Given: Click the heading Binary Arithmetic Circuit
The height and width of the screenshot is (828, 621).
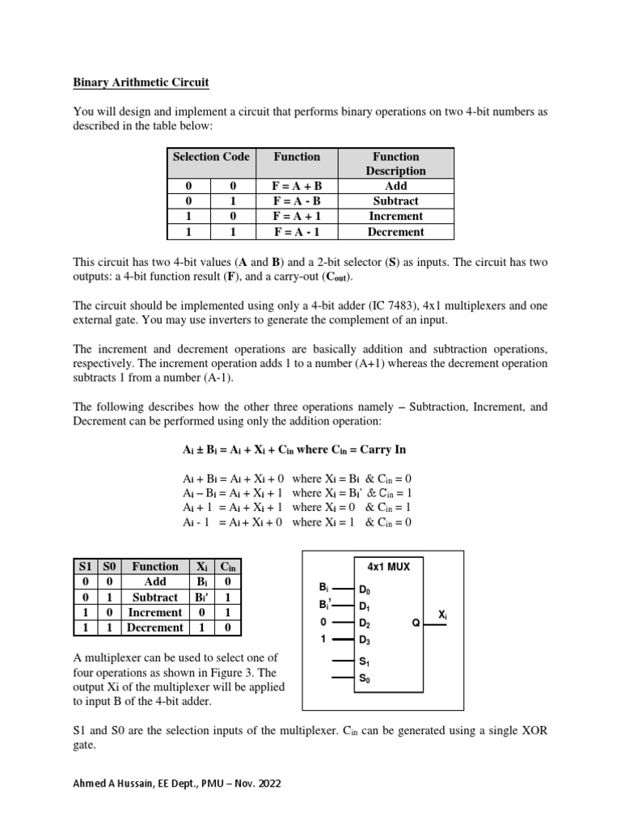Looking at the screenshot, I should (x=141, y=82).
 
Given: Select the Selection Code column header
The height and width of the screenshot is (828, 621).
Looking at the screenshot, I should (x=210, y=156).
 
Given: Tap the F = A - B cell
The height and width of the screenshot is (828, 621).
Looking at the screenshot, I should (x=297, y=201).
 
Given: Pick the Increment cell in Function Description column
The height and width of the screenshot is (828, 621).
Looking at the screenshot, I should (x=395, y=216).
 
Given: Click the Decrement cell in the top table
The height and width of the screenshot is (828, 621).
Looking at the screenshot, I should (x=395, y=231).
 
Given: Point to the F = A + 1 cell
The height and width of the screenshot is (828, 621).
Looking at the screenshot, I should (x=297, y=216).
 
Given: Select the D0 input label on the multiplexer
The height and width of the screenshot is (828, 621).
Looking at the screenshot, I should (x=365, y=591).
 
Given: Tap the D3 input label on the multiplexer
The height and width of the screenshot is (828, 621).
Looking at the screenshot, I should (x=365, y=640).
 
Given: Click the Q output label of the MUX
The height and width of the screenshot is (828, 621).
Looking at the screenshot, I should (x=416, y=623).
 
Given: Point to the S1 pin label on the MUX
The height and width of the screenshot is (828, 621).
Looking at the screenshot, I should (x=364, y=661).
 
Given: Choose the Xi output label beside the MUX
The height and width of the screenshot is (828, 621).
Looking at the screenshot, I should (x=442, y=615).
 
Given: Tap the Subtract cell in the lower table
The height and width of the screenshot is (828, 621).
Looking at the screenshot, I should (x=155, y=597).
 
